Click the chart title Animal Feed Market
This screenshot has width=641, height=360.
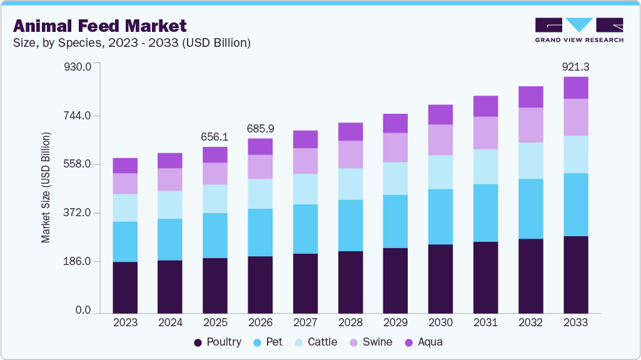coord(100,26)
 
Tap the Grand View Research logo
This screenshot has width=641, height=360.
coord(579,29)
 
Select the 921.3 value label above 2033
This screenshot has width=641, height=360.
coord(576,66)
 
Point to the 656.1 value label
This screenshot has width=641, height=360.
coord(215,137)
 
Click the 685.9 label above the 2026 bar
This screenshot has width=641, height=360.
coord(260,128)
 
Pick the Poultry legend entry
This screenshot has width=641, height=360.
coord(217,342)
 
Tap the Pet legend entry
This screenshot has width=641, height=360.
coord(268,342)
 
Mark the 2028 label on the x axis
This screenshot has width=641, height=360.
coord(350,322)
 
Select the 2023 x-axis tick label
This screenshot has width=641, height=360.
coord(125,322)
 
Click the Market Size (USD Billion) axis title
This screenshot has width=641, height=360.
coord(46,187)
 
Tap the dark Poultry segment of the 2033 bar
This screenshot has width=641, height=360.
coord(576,274)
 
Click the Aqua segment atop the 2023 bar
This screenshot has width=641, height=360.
coord(125,166)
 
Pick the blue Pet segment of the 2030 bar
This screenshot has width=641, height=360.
coord(440,216)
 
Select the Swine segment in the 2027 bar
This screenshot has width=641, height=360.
coord(305,161)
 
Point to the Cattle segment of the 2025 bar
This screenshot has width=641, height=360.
coord(215,199)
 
